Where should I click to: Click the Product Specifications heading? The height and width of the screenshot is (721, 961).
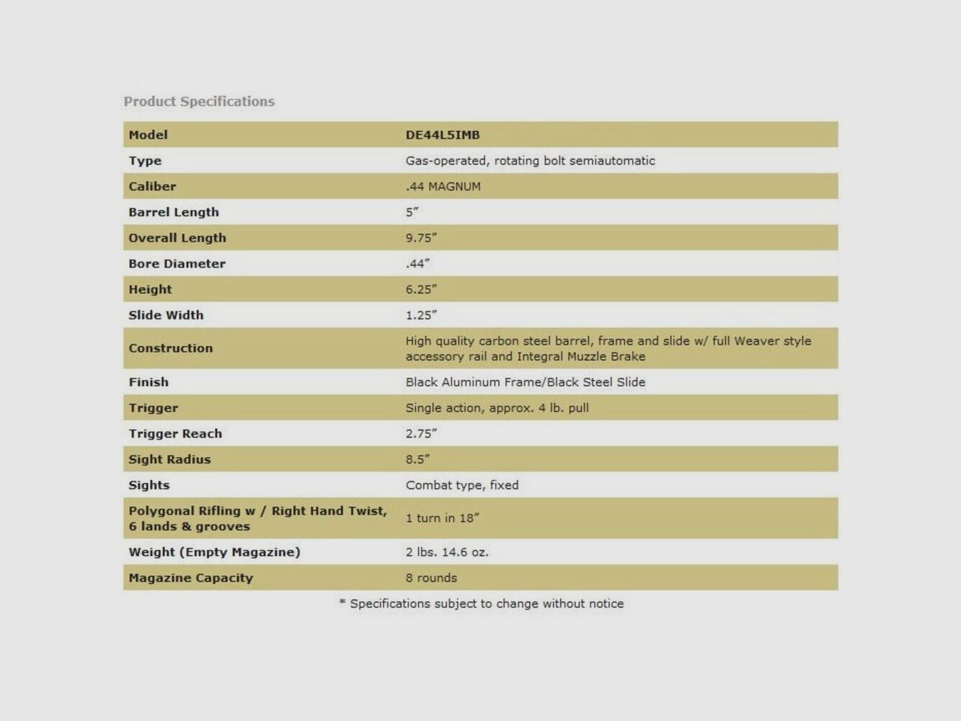point(199,102)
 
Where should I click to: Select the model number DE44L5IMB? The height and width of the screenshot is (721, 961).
point(442,135)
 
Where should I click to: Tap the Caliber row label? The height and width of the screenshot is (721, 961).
point(152,186)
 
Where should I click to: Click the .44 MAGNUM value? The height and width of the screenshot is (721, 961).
point(443,186)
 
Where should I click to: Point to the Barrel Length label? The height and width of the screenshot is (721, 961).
point(174,212)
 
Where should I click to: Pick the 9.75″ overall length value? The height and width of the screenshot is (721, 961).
point(421,238)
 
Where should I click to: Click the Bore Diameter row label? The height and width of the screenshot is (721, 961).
point(177,264)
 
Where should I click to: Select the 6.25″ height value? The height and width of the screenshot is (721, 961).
point(421,289)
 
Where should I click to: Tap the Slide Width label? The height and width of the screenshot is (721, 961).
point(166,315)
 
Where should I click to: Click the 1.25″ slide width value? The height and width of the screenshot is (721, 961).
point(421,315)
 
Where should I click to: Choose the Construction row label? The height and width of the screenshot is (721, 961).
point(171,348)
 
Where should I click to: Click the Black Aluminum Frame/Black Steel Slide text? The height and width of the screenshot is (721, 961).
point(525,382)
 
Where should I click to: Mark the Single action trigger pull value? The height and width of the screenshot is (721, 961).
point(497,408)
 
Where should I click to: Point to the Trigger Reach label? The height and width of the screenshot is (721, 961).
point(175,433)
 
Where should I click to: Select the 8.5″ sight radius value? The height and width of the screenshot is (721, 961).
point(417,459)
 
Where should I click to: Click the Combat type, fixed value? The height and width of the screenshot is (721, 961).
point(461,485)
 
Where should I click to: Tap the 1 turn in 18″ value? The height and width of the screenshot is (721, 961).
point(442,518)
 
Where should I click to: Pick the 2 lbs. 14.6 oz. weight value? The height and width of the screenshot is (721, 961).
point(446,552)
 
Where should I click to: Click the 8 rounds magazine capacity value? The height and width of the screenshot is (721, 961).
point(431,578)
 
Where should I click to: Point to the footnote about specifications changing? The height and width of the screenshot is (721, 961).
point(482,603)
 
